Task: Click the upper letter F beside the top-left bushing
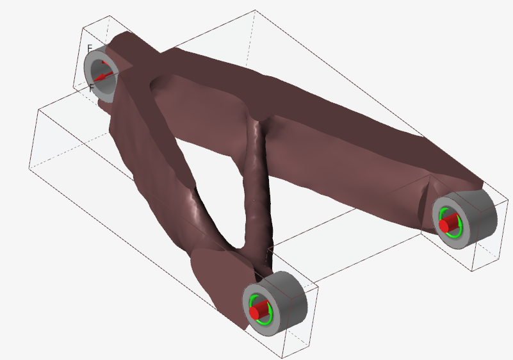(x=90, y=49)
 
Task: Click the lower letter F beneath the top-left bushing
(x=92, y=88)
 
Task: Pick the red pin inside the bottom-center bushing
(x=257, y=311)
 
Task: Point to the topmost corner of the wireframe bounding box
(x=256, y=10)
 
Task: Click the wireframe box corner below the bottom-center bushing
(x=284, y=356)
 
